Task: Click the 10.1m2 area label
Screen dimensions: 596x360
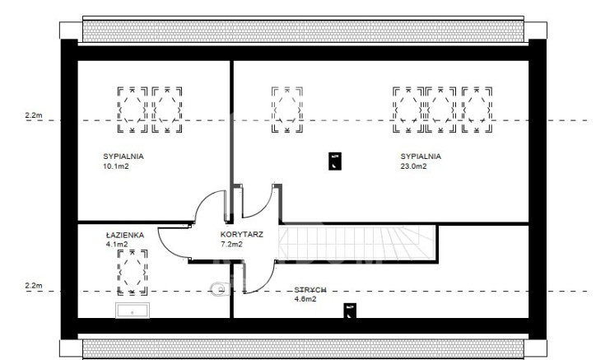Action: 116,166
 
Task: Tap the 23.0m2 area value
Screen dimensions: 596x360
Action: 413,166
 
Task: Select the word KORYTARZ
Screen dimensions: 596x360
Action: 242,235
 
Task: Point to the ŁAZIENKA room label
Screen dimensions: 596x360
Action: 125,235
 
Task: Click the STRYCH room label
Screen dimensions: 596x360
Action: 310,290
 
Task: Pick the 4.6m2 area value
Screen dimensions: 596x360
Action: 305,299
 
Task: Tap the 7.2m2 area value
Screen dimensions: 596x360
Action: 231,245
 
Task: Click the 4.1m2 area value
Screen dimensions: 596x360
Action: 117,245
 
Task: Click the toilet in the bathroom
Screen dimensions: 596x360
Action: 218,290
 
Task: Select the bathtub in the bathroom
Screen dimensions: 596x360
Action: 133,311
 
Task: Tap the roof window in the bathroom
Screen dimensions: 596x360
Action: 133,273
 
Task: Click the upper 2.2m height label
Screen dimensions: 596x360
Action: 34,115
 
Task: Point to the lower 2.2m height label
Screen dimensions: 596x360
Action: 34,285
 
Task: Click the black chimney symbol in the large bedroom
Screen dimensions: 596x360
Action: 335,161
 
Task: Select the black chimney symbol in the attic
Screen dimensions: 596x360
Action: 350,311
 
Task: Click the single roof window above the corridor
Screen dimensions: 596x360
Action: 287,110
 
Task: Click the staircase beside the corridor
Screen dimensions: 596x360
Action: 357,243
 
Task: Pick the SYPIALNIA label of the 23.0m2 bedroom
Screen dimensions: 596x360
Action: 421,157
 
